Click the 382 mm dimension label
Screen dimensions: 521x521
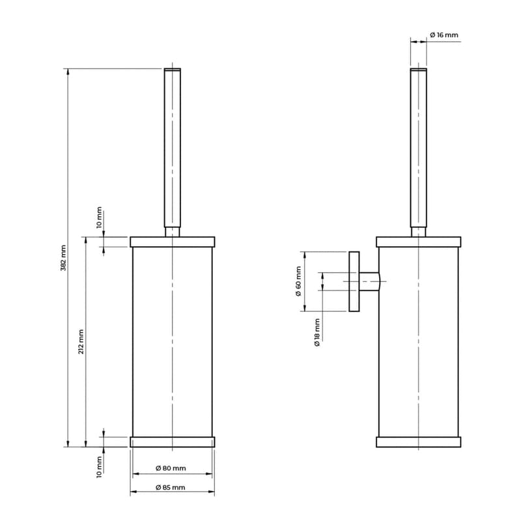click(x=63, y=258)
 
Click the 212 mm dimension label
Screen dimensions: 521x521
click(x=81, y=342)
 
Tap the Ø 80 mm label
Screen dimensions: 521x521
click(x=171, y=468)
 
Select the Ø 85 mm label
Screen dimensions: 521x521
click(x=170, y=487)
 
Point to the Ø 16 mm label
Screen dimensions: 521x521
click(x=444, y=35)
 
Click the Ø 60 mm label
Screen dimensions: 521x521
click(x=298, y=281)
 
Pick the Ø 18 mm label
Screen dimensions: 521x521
click(x=317, y=333)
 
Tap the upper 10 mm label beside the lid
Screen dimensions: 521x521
click(x=99, y=218)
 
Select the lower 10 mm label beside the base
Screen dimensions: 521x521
click(x=99, y=467)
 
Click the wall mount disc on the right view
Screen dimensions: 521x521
click(x=354, y=281)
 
